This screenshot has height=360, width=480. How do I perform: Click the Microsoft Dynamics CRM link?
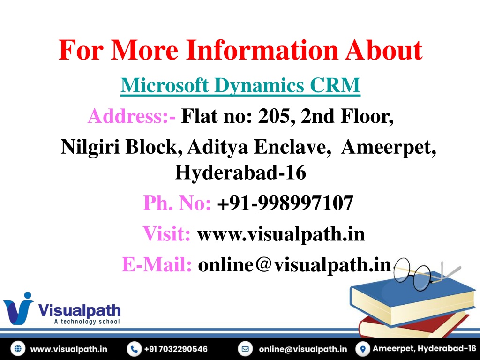(x=240, y=85)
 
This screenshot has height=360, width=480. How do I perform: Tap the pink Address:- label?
(x=132, y=116)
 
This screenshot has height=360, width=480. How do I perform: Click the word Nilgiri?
(x=90, y=147)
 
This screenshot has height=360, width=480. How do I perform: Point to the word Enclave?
(x=292, y=147)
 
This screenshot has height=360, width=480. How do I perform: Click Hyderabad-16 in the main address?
(x=240, y=172)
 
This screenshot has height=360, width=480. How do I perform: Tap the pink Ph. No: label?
(x=177, y=202)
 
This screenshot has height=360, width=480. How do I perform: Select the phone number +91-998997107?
(x=285, y=203)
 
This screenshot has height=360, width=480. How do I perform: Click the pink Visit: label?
(x=166, y=233)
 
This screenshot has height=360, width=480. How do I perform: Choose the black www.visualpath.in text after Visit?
(x=281, y=234)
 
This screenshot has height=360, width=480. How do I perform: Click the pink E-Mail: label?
(x=157, y=264)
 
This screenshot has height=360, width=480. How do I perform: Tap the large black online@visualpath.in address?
(x=294, y=264)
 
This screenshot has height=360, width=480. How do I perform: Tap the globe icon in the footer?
(x=18, y=349)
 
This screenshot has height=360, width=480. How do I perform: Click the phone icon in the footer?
(x=134, y=349)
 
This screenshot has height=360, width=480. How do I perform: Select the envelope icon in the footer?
(x=245, y=349)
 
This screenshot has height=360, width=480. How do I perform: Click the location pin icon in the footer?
(x=363, y=349)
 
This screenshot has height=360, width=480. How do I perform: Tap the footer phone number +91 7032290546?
(x=176, y=349)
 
